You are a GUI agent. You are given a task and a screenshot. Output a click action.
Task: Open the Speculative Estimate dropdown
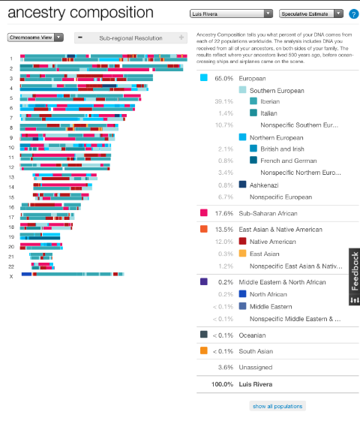coord(310,14)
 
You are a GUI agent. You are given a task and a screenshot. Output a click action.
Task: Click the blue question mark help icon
coord(352,14)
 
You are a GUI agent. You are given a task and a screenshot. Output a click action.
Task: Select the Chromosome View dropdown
coord(35,37)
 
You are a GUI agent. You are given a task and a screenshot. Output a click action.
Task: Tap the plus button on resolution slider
coord(181,38)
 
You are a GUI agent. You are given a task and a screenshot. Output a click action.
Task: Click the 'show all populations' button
coord(278,406)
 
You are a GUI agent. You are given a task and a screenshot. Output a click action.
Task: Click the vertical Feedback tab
coord(354,277)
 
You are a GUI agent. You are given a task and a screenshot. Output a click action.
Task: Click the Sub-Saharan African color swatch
coord(204,214)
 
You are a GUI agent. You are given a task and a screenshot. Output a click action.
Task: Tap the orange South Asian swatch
coord(204,350)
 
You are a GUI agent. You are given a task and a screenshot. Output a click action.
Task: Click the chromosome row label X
coord(10,275)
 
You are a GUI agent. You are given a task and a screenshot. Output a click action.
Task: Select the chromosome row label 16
coord(11,207)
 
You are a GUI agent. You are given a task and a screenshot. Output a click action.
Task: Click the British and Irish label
coord(282,149)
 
